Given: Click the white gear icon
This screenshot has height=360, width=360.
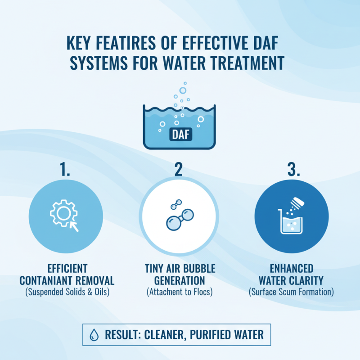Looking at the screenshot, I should [x=62, y=213].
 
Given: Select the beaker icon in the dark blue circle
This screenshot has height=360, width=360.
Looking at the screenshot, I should [x=291, y=222].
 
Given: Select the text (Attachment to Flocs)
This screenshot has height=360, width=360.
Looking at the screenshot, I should [x=179, y=292].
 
